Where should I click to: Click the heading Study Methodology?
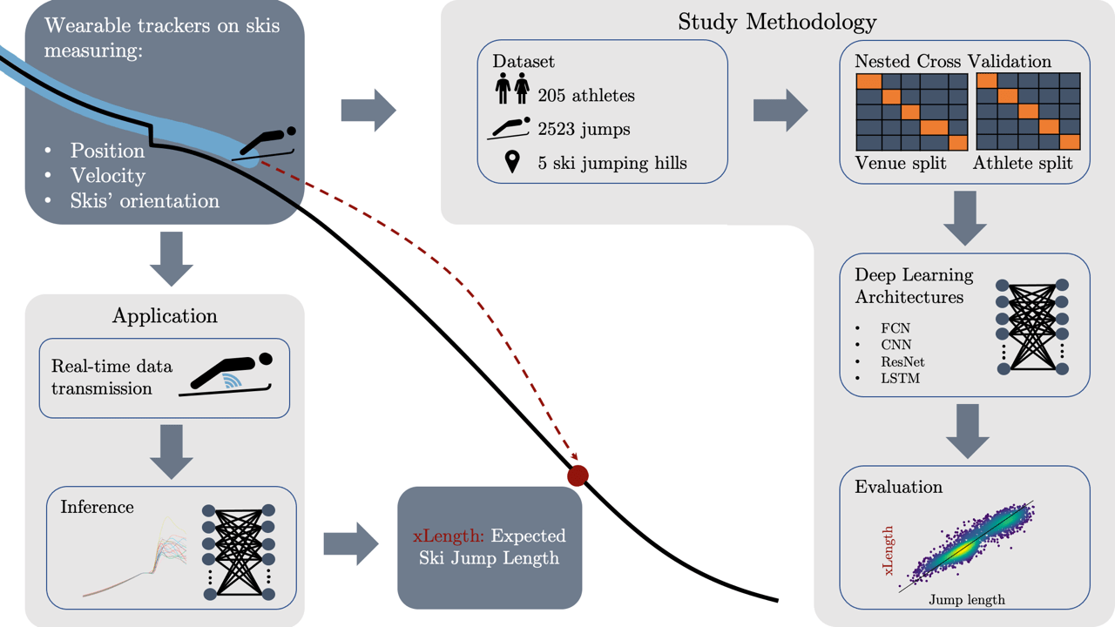click(x=777, y=22)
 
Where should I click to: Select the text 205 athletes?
click(x=586, y=95)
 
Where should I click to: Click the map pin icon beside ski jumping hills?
click(x=512, y=162)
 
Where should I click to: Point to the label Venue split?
click(x=901, y=163)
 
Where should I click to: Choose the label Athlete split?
click(x=1023, y=163)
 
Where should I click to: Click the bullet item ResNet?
click(x=902, y=361)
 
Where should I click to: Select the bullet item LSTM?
click(x=900, y=378)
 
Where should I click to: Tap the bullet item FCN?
click(x=895, y=328)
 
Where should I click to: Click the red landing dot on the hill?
click(x=578, y=475)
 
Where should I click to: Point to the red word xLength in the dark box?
click(x=448, y=535)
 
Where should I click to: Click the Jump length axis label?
click(x=966, y=599)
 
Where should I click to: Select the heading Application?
click(x=165, y=315)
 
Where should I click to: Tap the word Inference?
click(x=97, y=507)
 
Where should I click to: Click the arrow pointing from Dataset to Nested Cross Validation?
click(x=780, y=111)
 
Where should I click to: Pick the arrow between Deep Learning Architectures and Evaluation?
click(x=968, y=431)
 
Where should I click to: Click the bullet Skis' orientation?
click(x=145, y=200)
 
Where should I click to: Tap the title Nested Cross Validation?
click(x=953, y=62)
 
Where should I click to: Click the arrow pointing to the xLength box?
click(x=351, y=545)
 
